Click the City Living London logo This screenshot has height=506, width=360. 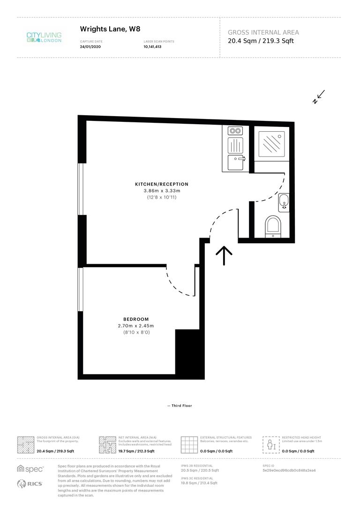click(x=43, y=37)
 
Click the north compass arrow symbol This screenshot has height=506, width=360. click(x=319, y=97)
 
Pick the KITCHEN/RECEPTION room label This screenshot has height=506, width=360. click(x=161, y=184)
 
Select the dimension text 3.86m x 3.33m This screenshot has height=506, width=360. click(x=161, y=191)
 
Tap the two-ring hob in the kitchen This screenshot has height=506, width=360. click(x=235, y=131)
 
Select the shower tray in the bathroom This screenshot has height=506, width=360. click(x=271, y=143)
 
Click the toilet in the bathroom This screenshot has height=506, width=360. click(x=272, y=226)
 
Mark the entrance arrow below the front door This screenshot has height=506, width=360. click(x=224, y=256)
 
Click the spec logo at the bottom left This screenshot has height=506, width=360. click(x=30, y=469)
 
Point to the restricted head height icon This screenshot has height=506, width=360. click(x=271, y=444)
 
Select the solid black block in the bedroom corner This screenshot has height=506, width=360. click(x=189, y=354)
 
